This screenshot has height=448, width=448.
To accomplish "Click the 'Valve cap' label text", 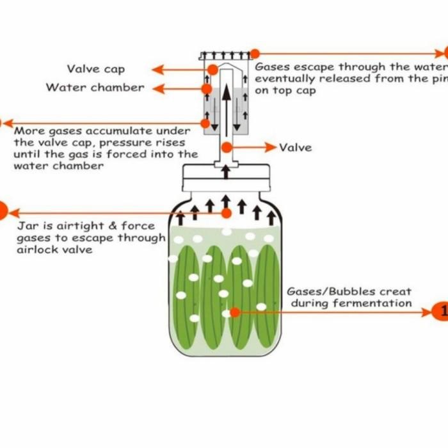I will tap(96, 69).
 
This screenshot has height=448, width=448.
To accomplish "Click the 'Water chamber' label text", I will tap(95, 88).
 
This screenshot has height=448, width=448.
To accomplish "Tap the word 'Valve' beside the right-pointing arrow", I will tap(296, 147).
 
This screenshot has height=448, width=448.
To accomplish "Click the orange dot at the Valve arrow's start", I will tap(227, 147).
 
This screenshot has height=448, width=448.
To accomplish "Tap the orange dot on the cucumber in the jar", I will tap(235, 312).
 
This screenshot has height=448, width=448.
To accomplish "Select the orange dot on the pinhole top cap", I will tap(255, 54).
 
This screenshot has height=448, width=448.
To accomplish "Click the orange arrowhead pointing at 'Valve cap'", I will tap(157, 69).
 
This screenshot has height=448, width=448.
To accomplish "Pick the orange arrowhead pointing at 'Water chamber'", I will tap(157, 88).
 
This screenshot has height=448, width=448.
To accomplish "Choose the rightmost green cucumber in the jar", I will tap(268, 298).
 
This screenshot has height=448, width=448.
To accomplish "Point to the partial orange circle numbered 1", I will tap(442, 312).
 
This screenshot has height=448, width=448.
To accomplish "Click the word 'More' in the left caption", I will tap(29, 131).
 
